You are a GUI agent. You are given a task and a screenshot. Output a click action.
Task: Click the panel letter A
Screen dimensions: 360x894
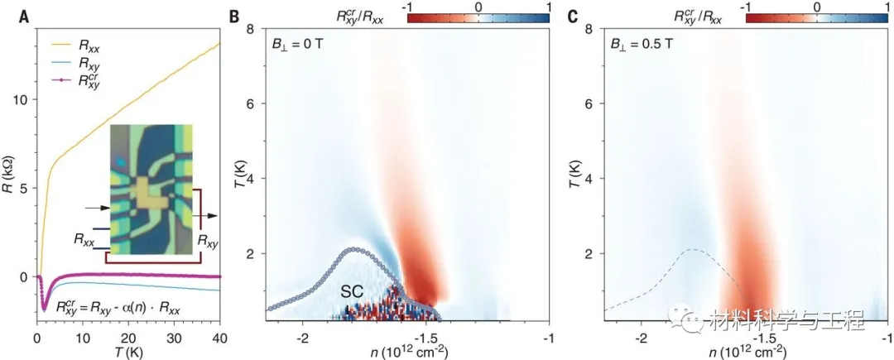click(x=7, y=15)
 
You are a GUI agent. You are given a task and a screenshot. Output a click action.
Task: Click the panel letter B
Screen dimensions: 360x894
click(x=234, y=15)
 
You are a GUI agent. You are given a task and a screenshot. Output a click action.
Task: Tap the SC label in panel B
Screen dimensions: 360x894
click(x=354, y=292)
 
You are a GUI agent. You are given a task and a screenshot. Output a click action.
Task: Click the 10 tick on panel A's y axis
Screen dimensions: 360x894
click(x=22, y=100)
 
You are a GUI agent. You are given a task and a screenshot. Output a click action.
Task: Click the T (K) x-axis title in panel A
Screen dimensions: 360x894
click(x=126, y=353)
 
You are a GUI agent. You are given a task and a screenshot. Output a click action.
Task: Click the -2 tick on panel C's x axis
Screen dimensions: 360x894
click(x=641, y=338)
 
